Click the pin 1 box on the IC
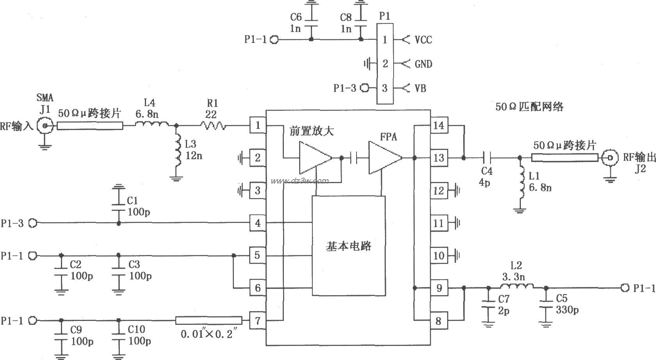pos(257,125)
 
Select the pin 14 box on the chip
pos(439,125)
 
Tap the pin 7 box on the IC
pos(257,321)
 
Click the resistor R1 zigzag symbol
pos(213,125)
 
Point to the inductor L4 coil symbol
pos(152,125)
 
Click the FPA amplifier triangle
pos(385,158)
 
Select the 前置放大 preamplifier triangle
pos(315,158)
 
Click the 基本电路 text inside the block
pos(348,246)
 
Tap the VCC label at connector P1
pos(423,40)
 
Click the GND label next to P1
pos(423,64)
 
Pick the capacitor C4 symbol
pos(487,158)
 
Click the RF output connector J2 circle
pos(609,158)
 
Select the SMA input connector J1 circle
pos(45,126)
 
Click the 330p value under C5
pos(567,310)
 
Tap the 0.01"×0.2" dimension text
pos(209,335)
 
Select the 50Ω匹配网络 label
pos(529,107)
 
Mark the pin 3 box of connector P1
pos(385,88)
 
